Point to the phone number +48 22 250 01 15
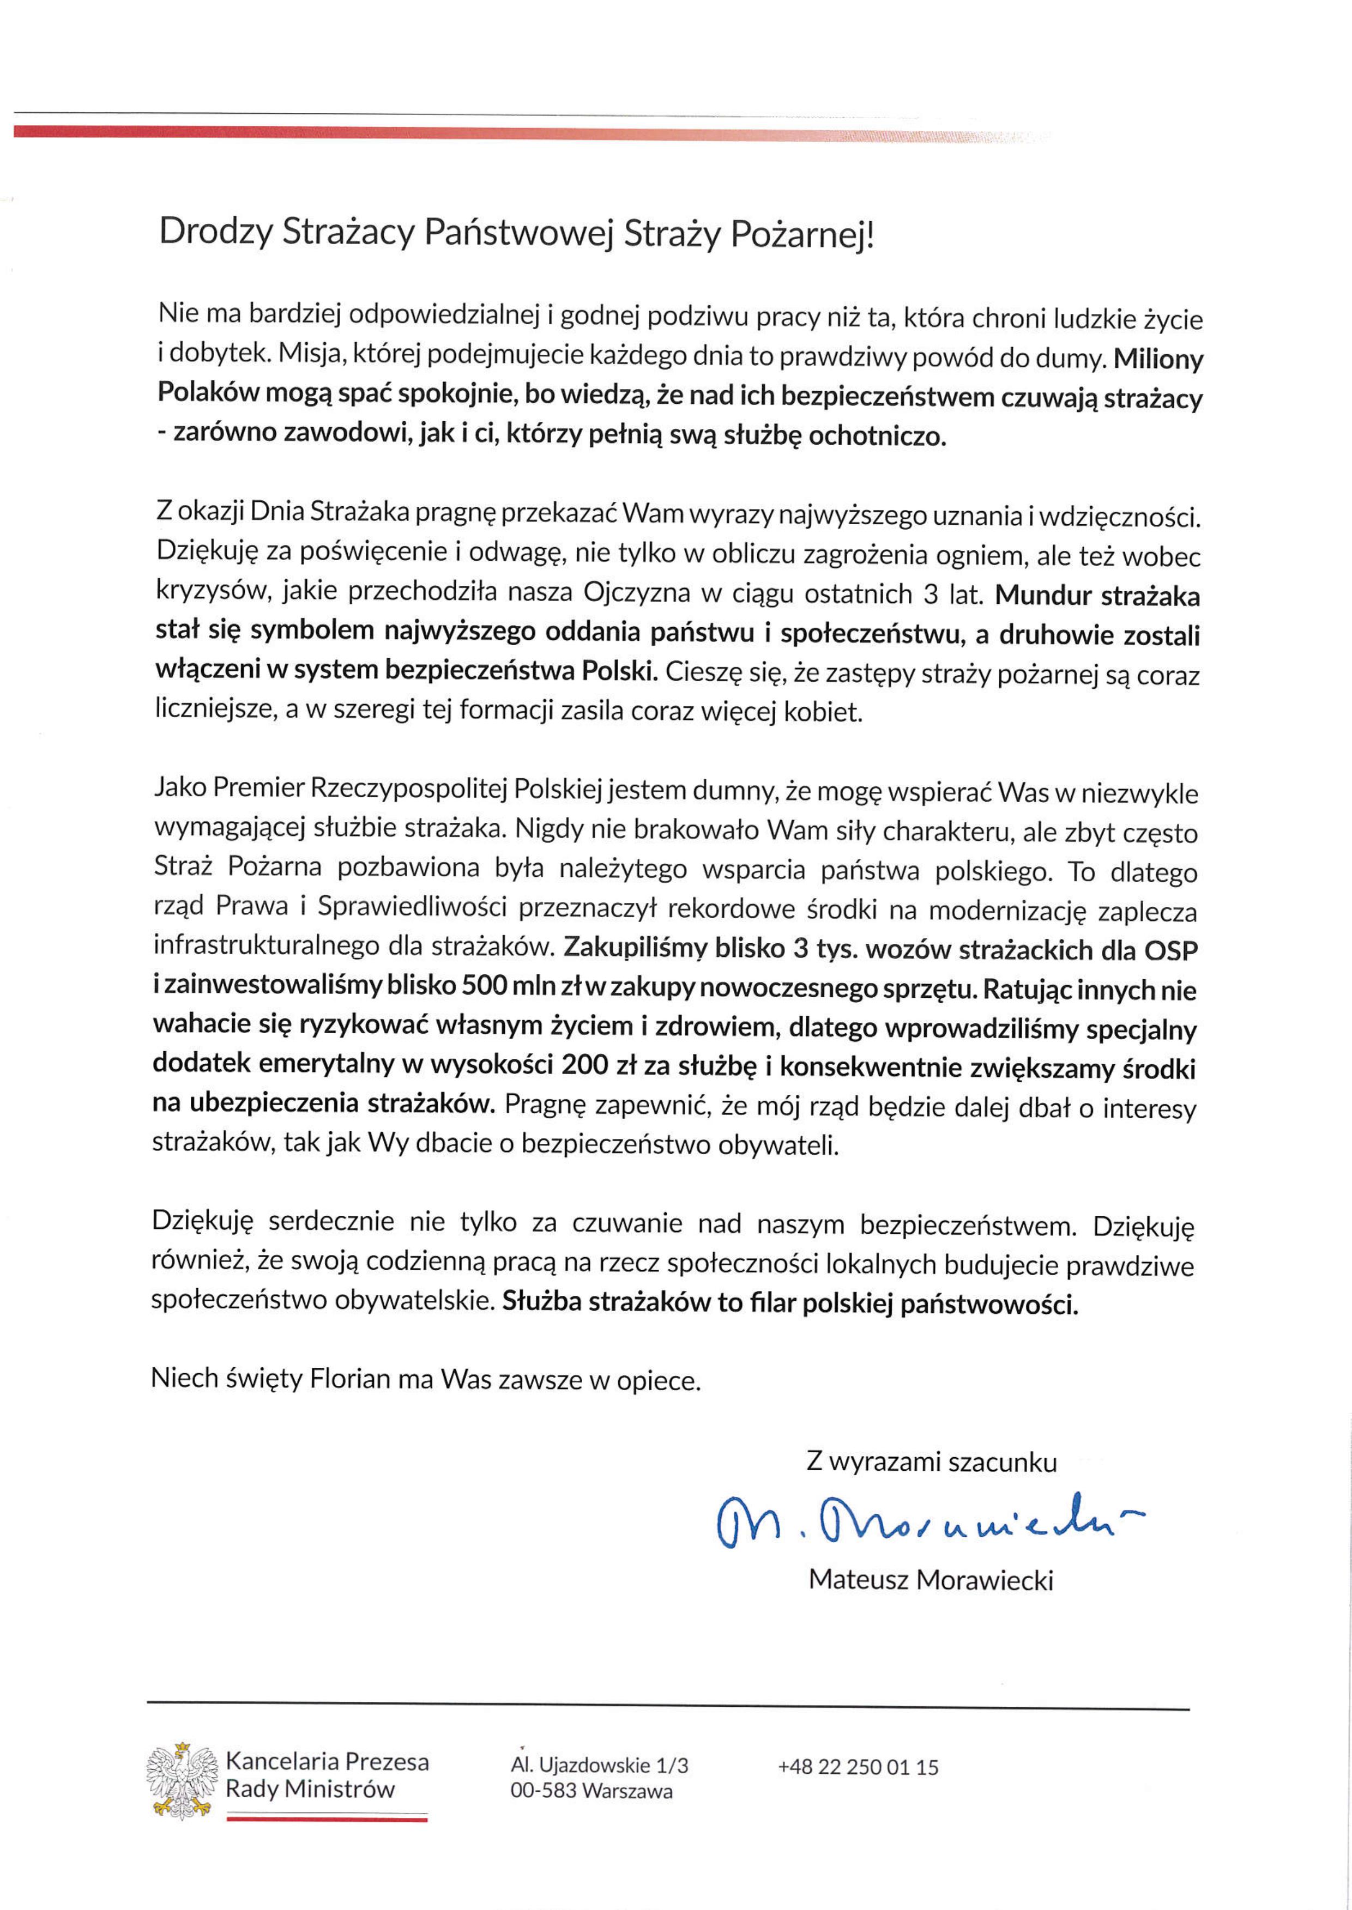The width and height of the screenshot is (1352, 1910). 858,1767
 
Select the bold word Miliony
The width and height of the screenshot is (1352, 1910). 1158,360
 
